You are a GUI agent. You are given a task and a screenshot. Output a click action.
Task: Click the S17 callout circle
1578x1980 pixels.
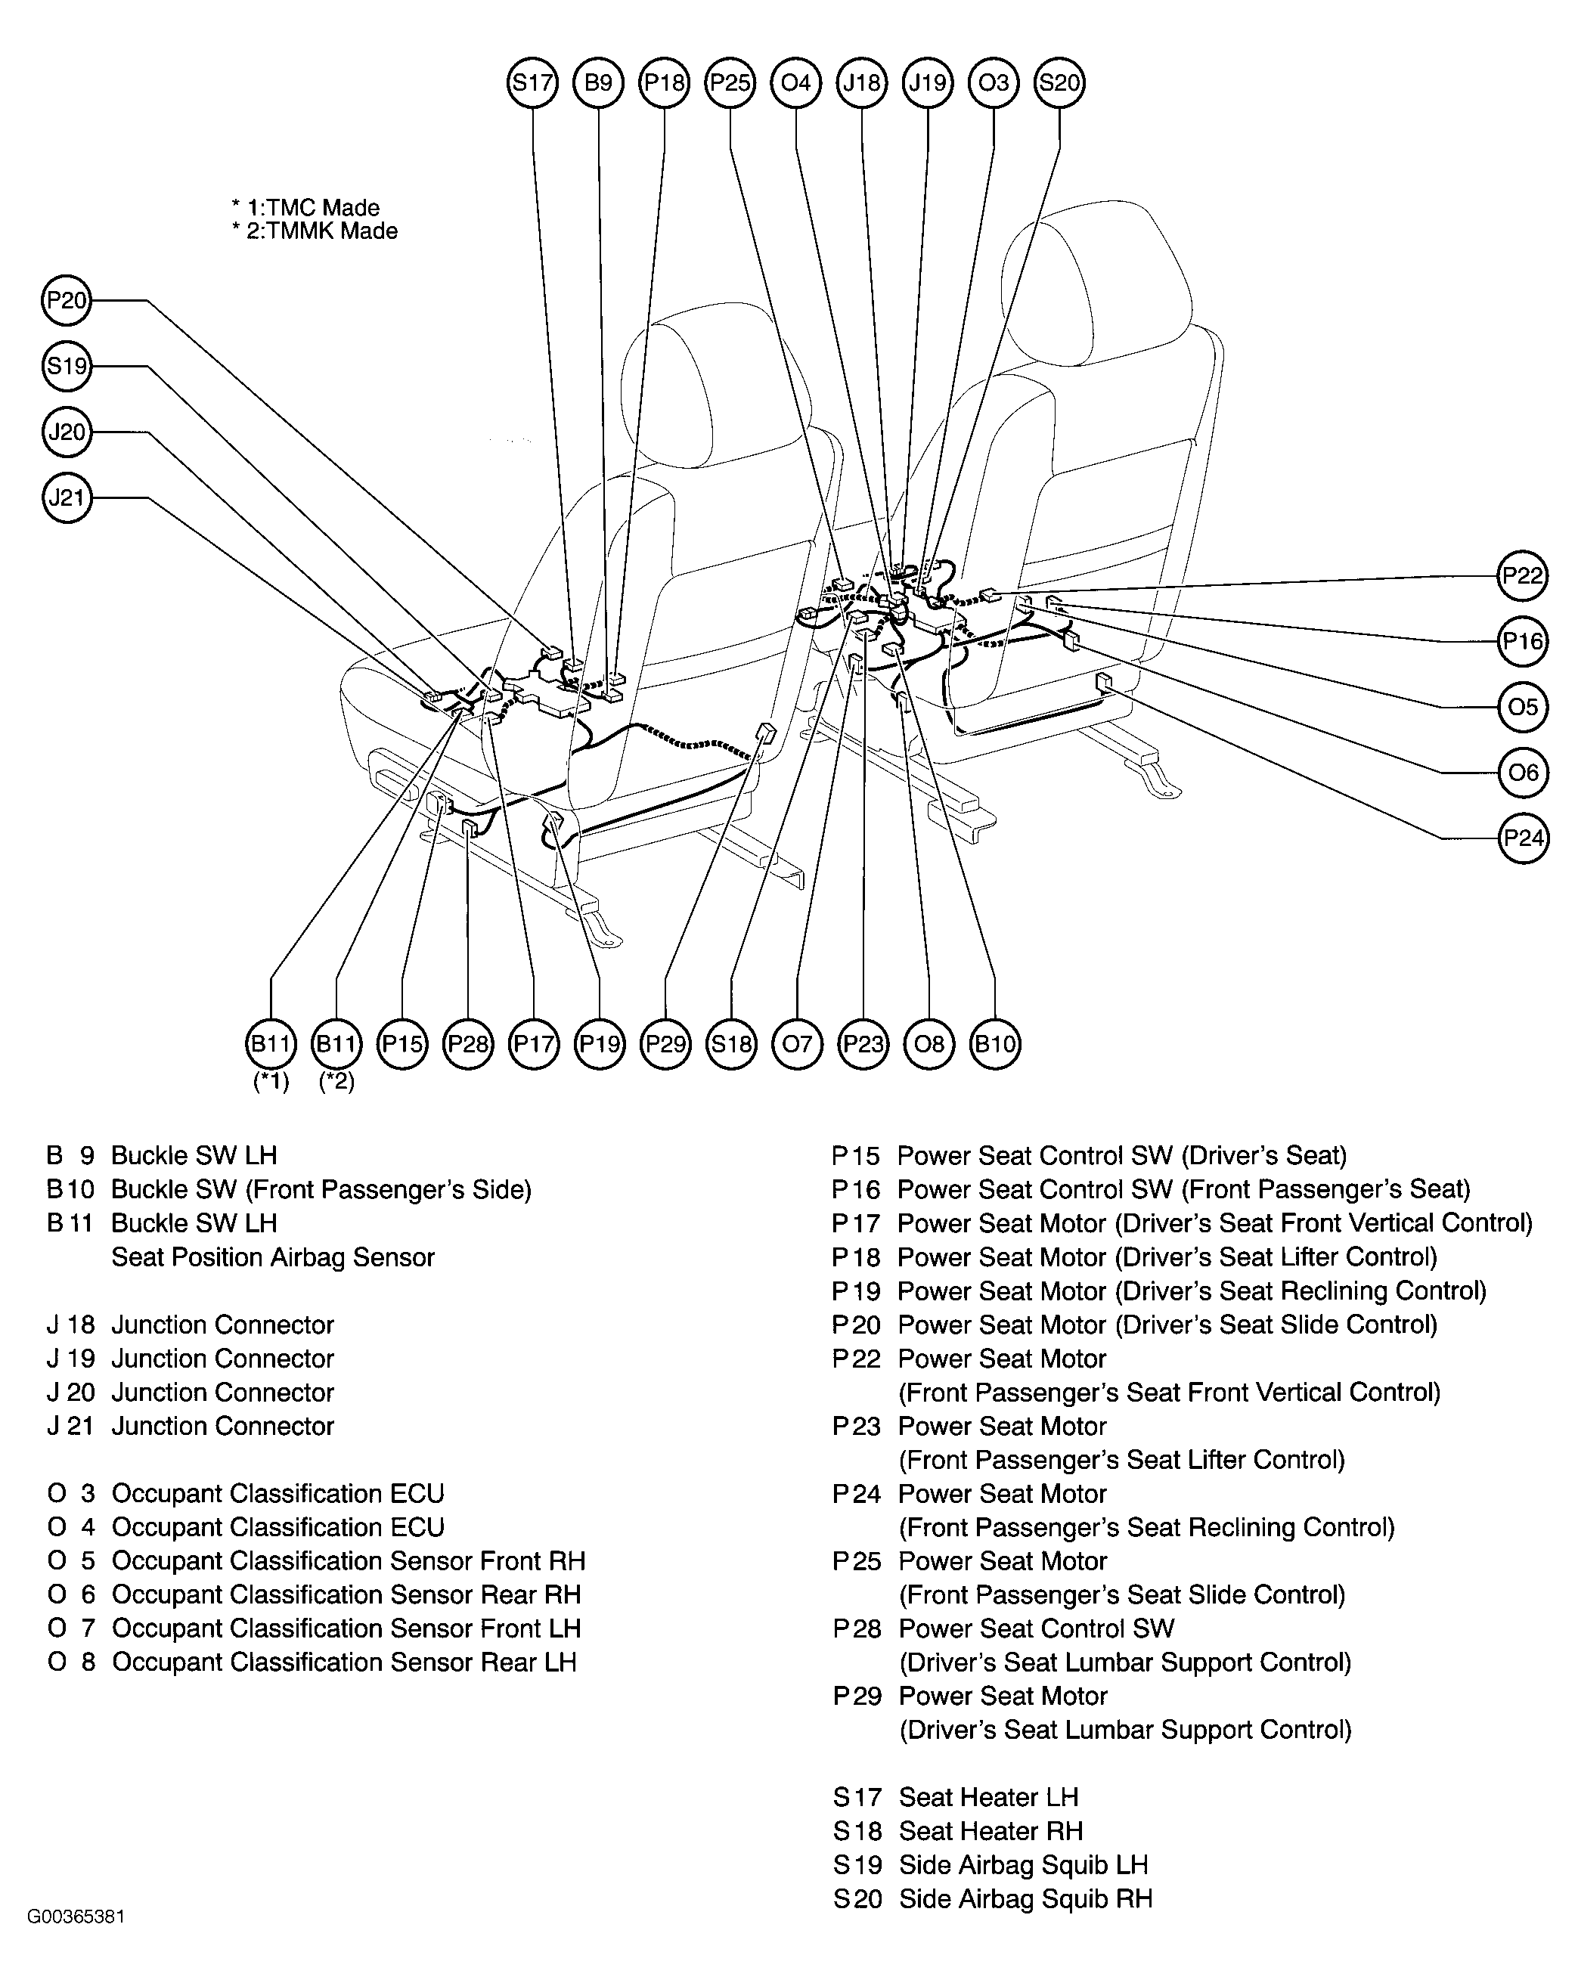pyautogui.click(x=533, y=82)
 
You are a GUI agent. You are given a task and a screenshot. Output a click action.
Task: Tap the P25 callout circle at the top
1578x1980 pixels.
pyautogui.click(x=730, y=82)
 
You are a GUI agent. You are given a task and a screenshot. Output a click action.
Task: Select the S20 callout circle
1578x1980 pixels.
pyautogui.click(x=1059, y=82)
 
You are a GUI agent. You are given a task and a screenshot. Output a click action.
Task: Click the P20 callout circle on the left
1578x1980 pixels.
pyautogui.click(x=67, y=300)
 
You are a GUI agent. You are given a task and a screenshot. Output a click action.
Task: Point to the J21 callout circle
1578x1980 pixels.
pyautogui.click(x=67, y=497)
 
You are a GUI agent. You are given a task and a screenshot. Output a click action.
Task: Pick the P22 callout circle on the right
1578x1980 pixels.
pyautogui.click(x=1523, y=576)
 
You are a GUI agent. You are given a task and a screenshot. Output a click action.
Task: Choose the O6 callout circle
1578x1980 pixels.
pyautogui.click(x=1523, y=773)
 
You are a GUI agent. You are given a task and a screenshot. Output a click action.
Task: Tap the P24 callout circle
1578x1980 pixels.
pyautogui.click(x=1523, y=838)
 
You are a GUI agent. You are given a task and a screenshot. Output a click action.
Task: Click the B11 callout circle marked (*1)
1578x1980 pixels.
pyautogui.click(x=271, y=1044)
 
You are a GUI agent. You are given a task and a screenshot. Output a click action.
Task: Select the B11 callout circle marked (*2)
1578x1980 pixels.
pyautogui.click(x=336, y=1044)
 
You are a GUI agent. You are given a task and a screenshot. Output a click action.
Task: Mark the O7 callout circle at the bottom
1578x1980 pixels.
pyautogui.click(x=797, y=1044)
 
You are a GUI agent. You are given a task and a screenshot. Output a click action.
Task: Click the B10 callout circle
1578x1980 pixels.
pyautogui.click(x=995, y=1044)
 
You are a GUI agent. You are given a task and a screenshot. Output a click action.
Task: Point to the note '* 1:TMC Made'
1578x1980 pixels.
pyautogui.click(x=306, y=208)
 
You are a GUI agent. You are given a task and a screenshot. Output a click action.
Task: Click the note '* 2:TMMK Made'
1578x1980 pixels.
pyautogui.click(x=315, y=231)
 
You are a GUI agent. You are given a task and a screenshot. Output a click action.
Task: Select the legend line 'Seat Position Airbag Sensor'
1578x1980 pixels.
pyautogui.click(x=273, y=1257)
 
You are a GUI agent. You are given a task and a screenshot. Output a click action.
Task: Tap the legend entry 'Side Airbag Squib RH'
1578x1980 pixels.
pyautogui.click(x=1025, y=1898)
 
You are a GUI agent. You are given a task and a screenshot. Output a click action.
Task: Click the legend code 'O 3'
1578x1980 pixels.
pyautogui.click(x=72, y=1493)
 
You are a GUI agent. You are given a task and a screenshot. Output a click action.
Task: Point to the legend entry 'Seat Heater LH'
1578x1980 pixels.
pyautogui.click(x=988, y=1797)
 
